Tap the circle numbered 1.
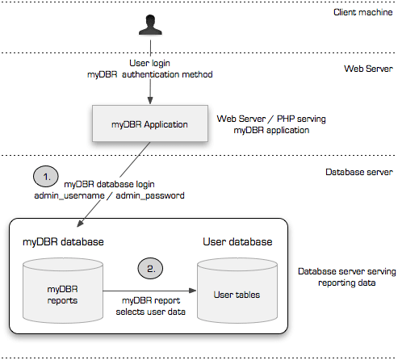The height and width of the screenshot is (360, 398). (x=46, y=175)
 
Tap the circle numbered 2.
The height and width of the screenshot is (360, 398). (x=151, y=267)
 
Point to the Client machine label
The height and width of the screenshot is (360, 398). (x=359, y=12)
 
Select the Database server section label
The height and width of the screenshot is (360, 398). (x=358, y=172)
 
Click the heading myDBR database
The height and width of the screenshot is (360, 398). (x=64, y=241)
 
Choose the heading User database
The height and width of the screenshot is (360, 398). (x=237, y=241)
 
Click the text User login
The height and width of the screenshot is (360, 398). (x=150, y=63)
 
